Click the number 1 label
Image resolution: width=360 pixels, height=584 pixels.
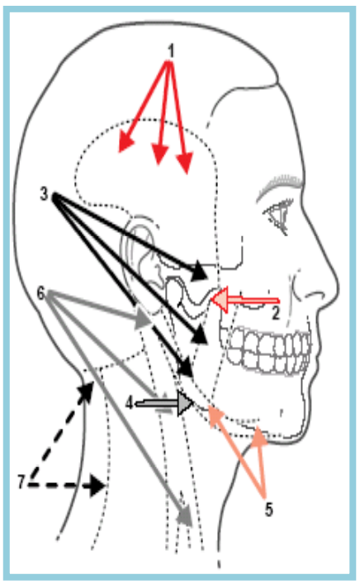coord(171,51)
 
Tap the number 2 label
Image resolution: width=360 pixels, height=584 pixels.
coord(276,313)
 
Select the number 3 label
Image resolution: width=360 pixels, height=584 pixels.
coord(45,193)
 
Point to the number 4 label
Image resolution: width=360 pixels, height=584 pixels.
coord(129,402)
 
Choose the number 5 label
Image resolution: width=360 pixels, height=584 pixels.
coord(269,509)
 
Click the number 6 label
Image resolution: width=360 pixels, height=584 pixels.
coord(41,293)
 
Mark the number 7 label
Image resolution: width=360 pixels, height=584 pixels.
coord(21,482)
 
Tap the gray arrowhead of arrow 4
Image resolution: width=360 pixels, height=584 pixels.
coord(185,402)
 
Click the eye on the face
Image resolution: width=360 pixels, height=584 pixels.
coord(278,214)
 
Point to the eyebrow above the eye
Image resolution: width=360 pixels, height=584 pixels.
coord(279,185)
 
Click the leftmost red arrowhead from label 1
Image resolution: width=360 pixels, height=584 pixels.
coord(126,144)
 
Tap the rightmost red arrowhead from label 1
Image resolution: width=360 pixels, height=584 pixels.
coord(185,164)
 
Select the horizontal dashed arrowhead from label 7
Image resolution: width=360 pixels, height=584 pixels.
coord(97,486)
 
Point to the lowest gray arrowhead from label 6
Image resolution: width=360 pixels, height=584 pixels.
coord(185,516)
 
